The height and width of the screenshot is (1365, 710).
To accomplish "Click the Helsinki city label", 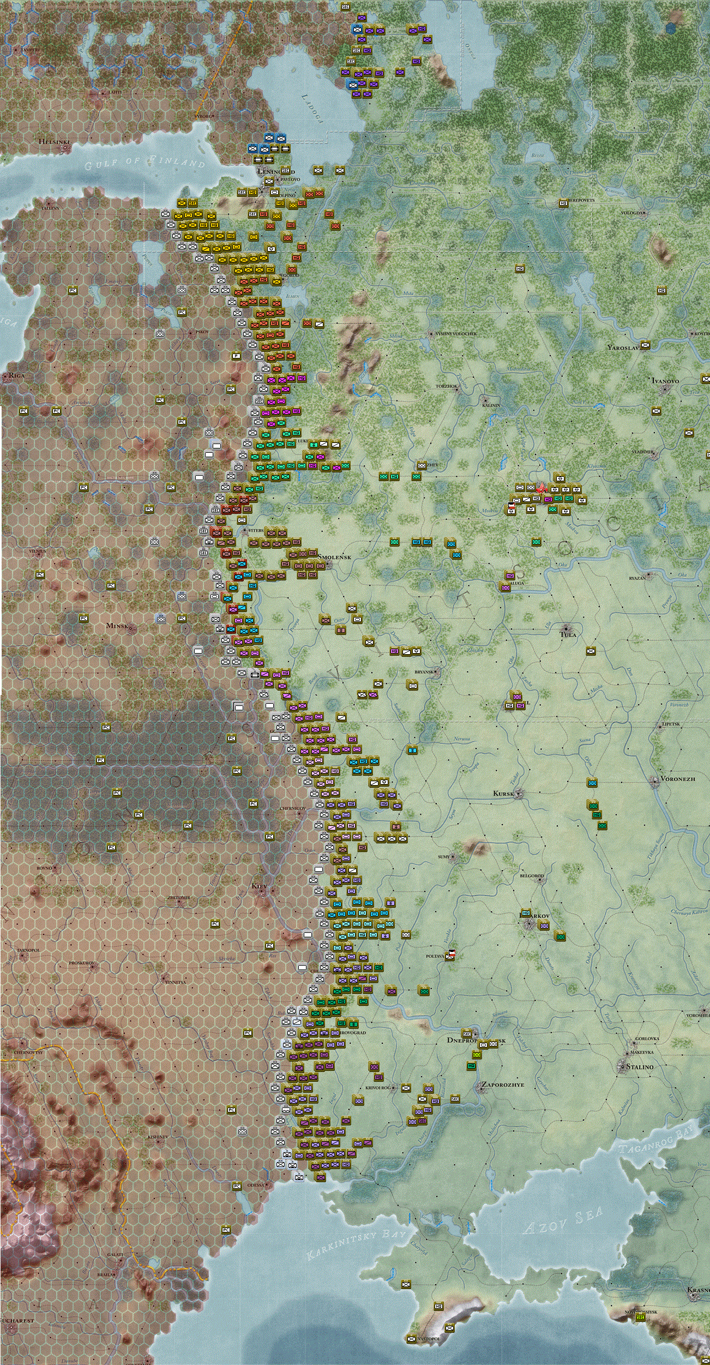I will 55,142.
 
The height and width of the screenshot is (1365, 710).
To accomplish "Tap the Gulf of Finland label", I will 145,161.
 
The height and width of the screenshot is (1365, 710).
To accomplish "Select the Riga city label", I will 16,375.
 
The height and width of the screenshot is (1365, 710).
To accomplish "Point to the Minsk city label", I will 118,625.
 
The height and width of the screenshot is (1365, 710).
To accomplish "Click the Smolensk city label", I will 335,557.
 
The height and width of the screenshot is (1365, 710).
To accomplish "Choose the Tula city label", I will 568,634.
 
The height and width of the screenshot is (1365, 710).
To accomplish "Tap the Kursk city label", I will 503,793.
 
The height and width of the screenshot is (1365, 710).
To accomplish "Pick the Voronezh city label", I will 677,779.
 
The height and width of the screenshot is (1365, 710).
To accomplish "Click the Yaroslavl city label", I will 623,347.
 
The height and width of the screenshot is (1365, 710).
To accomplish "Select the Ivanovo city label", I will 665,381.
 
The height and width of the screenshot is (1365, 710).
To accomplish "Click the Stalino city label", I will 639,1067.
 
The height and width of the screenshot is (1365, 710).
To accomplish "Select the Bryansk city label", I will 424,672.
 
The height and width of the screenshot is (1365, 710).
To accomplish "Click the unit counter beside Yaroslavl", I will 645,345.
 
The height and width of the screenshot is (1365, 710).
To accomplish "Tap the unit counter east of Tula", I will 591,650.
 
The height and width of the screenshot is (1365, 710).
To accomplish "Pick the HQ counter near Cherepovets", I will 563,203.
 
